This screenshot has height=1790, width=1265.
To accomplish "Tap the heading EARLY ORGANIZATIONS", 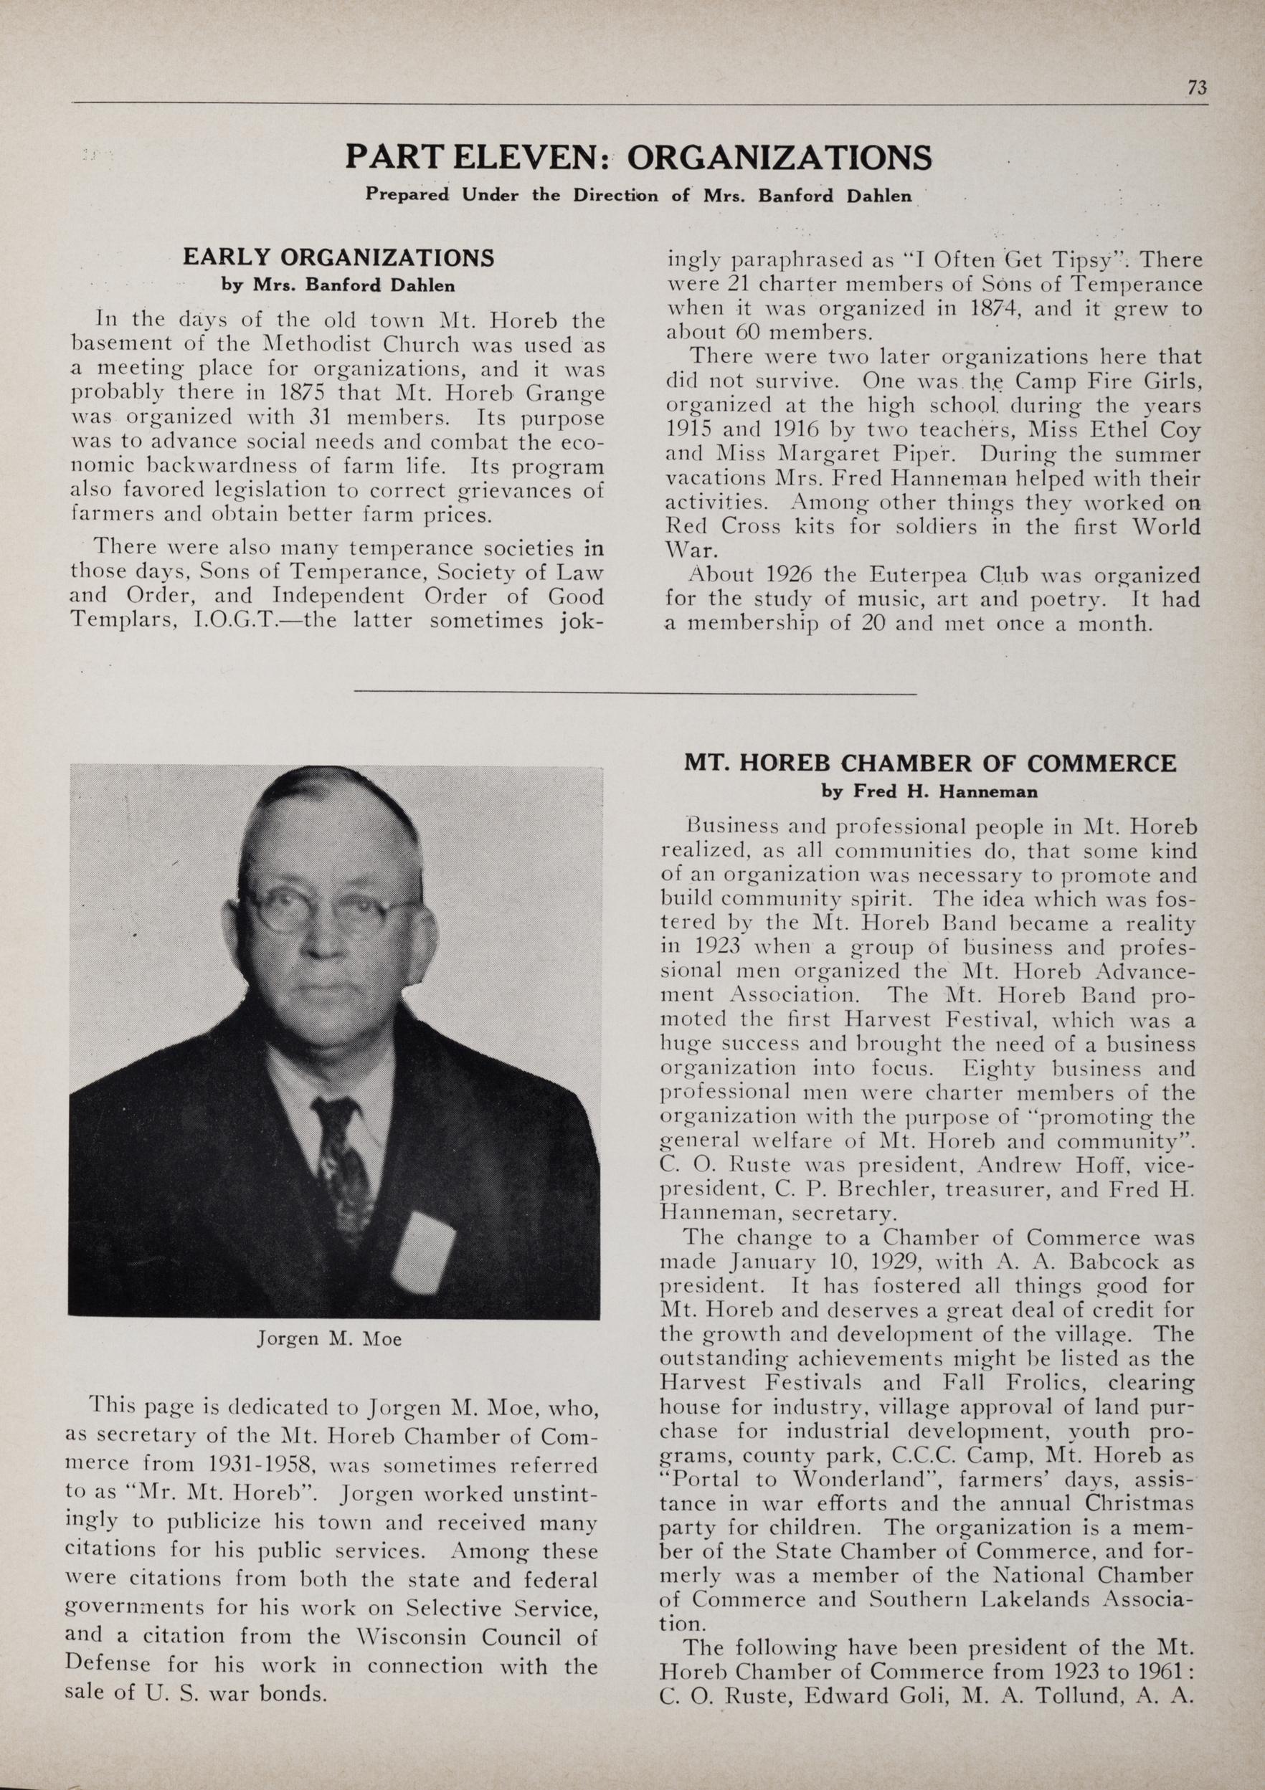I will coord(338,257).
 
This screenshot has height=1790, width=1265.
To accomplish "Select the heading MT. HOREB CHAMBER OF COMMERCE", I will coord(929,763).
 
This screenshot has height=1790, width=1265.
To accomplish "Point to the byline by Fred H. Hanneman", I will coord(929,792).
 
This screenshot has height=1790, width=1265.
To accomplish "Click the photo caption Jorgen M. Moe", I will coord(329,1339).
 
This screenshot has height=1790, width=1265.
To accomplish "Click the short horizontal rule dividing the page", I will coord(635,693).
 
